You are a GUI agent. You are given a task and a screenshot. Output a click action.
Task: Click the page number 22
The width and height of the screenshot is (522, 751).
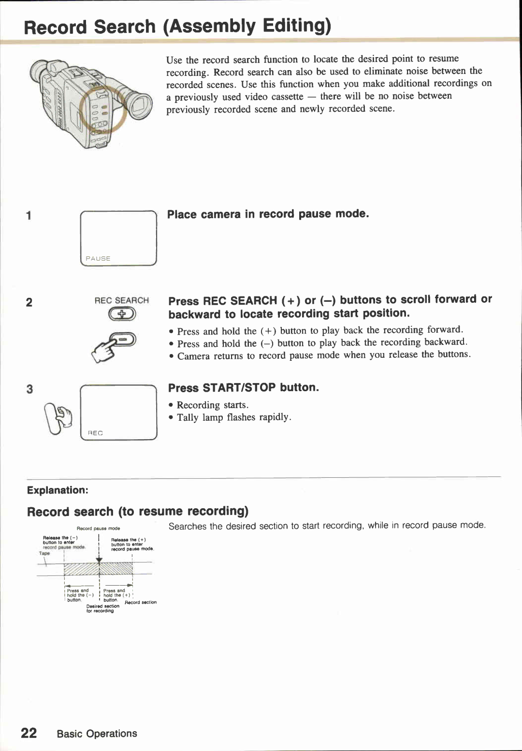pos(29,733)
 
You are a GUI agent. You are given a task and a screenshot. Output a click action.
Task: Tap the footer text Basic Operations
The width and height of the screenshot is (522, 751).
pos(97,734)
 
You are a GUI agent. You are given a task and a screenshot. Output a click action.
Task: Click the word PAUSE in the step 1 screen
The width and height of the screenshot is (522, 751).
pos(98,258)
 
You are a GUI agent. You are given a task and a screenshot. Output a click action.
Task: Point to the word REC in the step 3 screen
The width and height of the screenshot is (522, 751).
pos(95,433)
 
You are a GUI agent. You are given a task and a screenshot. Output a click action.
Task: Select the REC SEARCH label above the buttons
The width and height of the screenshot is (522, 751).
pos(121,300)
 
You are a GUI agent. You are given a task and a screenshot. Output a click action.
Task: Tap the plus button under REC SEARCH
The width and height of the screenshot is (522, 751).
pos(122,315)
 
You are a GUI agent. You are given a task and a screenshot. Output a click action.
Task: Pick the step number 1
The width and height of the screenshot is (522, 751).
pos(29,216)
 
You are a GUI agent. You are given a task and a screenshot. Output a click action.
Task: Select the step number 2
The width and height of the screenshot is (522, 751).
pos(29,303)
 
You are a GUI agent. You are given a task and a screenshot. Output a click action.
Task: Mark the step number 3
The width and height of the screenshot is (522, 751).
pos(29,389)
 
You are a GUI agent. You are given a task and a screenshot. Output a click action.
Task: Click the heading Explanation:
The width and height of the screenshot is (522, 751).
pos(58,490)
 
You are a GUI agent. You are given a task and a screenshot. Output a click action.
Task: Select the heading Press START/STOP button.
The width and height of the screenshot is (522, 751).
pos(243,388)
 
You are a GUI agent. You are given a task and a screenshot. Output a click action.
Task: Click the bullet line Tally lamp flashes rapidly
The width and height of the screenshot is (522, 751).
pos(234,417)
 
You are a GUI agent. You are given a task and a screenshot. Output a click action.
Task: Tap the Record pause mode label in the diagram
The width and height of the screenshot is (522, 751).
pos(98,529)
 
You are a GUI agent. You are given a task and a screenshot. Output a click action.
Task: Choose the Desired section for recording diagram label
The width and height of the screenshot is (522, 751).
pos(102,608)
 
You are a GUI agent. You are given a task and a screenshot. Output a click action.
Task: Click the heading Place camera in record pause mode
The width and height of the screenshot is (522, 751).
pos(268,214)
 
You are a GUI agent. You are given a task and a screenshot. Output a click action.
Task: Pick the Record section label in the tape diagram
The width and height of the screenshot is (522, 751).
pos(141,602)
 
